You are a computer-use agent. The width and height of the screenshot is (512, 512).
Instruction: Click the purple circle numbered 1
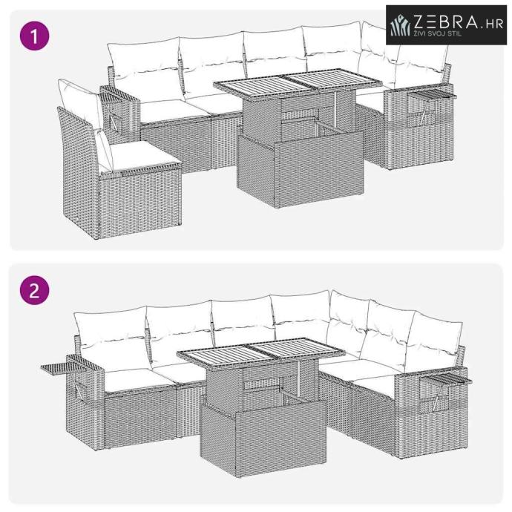pos(35,36)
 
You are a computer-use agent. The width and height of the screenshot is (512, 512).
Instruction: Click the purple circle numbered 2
pos(35,290)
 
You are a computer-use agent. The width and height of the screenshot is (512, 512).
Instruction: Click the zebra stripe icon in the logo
pos(400,25)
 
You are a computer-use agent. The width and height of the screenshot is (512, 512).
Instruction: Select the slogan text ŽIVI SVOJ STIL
pos(438,33)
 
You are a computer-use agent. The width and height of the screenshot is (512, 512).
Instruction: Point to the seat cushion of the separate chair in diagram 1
pos(141,156)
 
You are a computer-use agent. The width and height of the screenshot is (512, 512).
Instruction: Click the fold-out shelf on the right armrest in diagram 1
pos(431,94)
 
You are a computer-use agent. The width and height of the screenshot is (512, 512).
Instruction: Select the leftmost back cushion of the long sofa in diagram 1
pos(145,69)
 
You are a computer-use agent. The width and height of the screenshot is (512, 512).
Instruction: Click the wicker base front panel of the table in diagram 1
pos(319,169)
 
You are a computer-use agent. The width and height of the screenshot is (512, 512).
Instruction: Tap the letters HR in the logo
pos(494,24)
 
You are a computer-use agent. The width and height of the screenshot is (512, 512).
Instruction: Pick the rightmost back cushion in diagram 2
pos(435,341)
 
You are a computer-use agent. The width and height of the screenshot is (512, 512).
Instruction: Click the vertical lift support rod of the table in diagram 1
pos(335,108)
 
